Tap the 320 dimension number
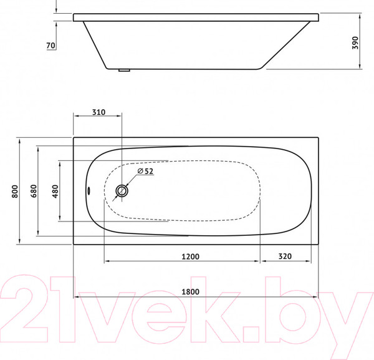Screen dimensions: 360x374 coord(285,255)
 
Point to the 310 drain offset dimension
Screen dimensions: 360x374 coord(98,112)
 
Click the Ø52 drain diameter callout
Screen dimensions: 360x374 coord(145,172)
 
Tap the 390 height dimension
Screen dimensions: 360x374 coord(355,42)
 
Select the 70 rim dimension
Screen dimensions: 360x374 coord(51,45)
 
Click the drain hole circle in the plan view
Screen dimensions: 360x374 coord(123,191)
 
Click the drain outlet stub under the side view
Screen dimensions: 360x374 coord(125,71)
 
